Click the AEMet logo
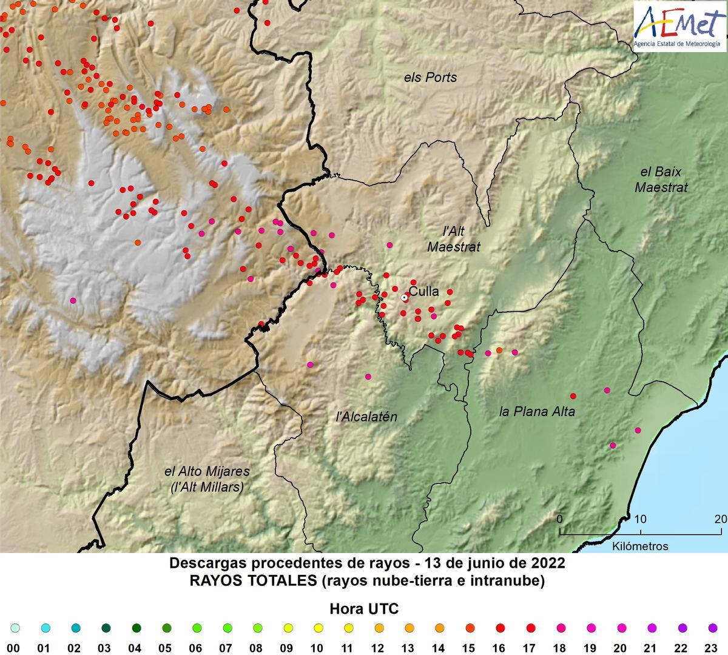(677, 25)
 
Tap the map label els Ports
(430, 78)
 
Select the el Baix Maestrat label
(661, 180)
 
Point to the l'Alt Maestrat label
(453, 239)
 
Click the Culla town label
(423, 292)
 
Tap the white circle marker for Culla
(405, 297)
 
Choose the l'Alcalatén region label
(366, 417)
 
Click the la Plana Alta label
(537, 412)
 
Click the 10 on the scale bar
(640, 519)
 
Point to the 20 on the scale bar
(720, 519)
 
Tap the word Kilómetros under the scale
(640, 546)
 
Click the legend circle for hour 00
(15, 628)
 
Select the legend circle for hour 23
(712, 628)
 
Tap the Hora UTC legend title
(364, 609)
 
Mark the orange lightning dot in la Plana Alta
(499, 350)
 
